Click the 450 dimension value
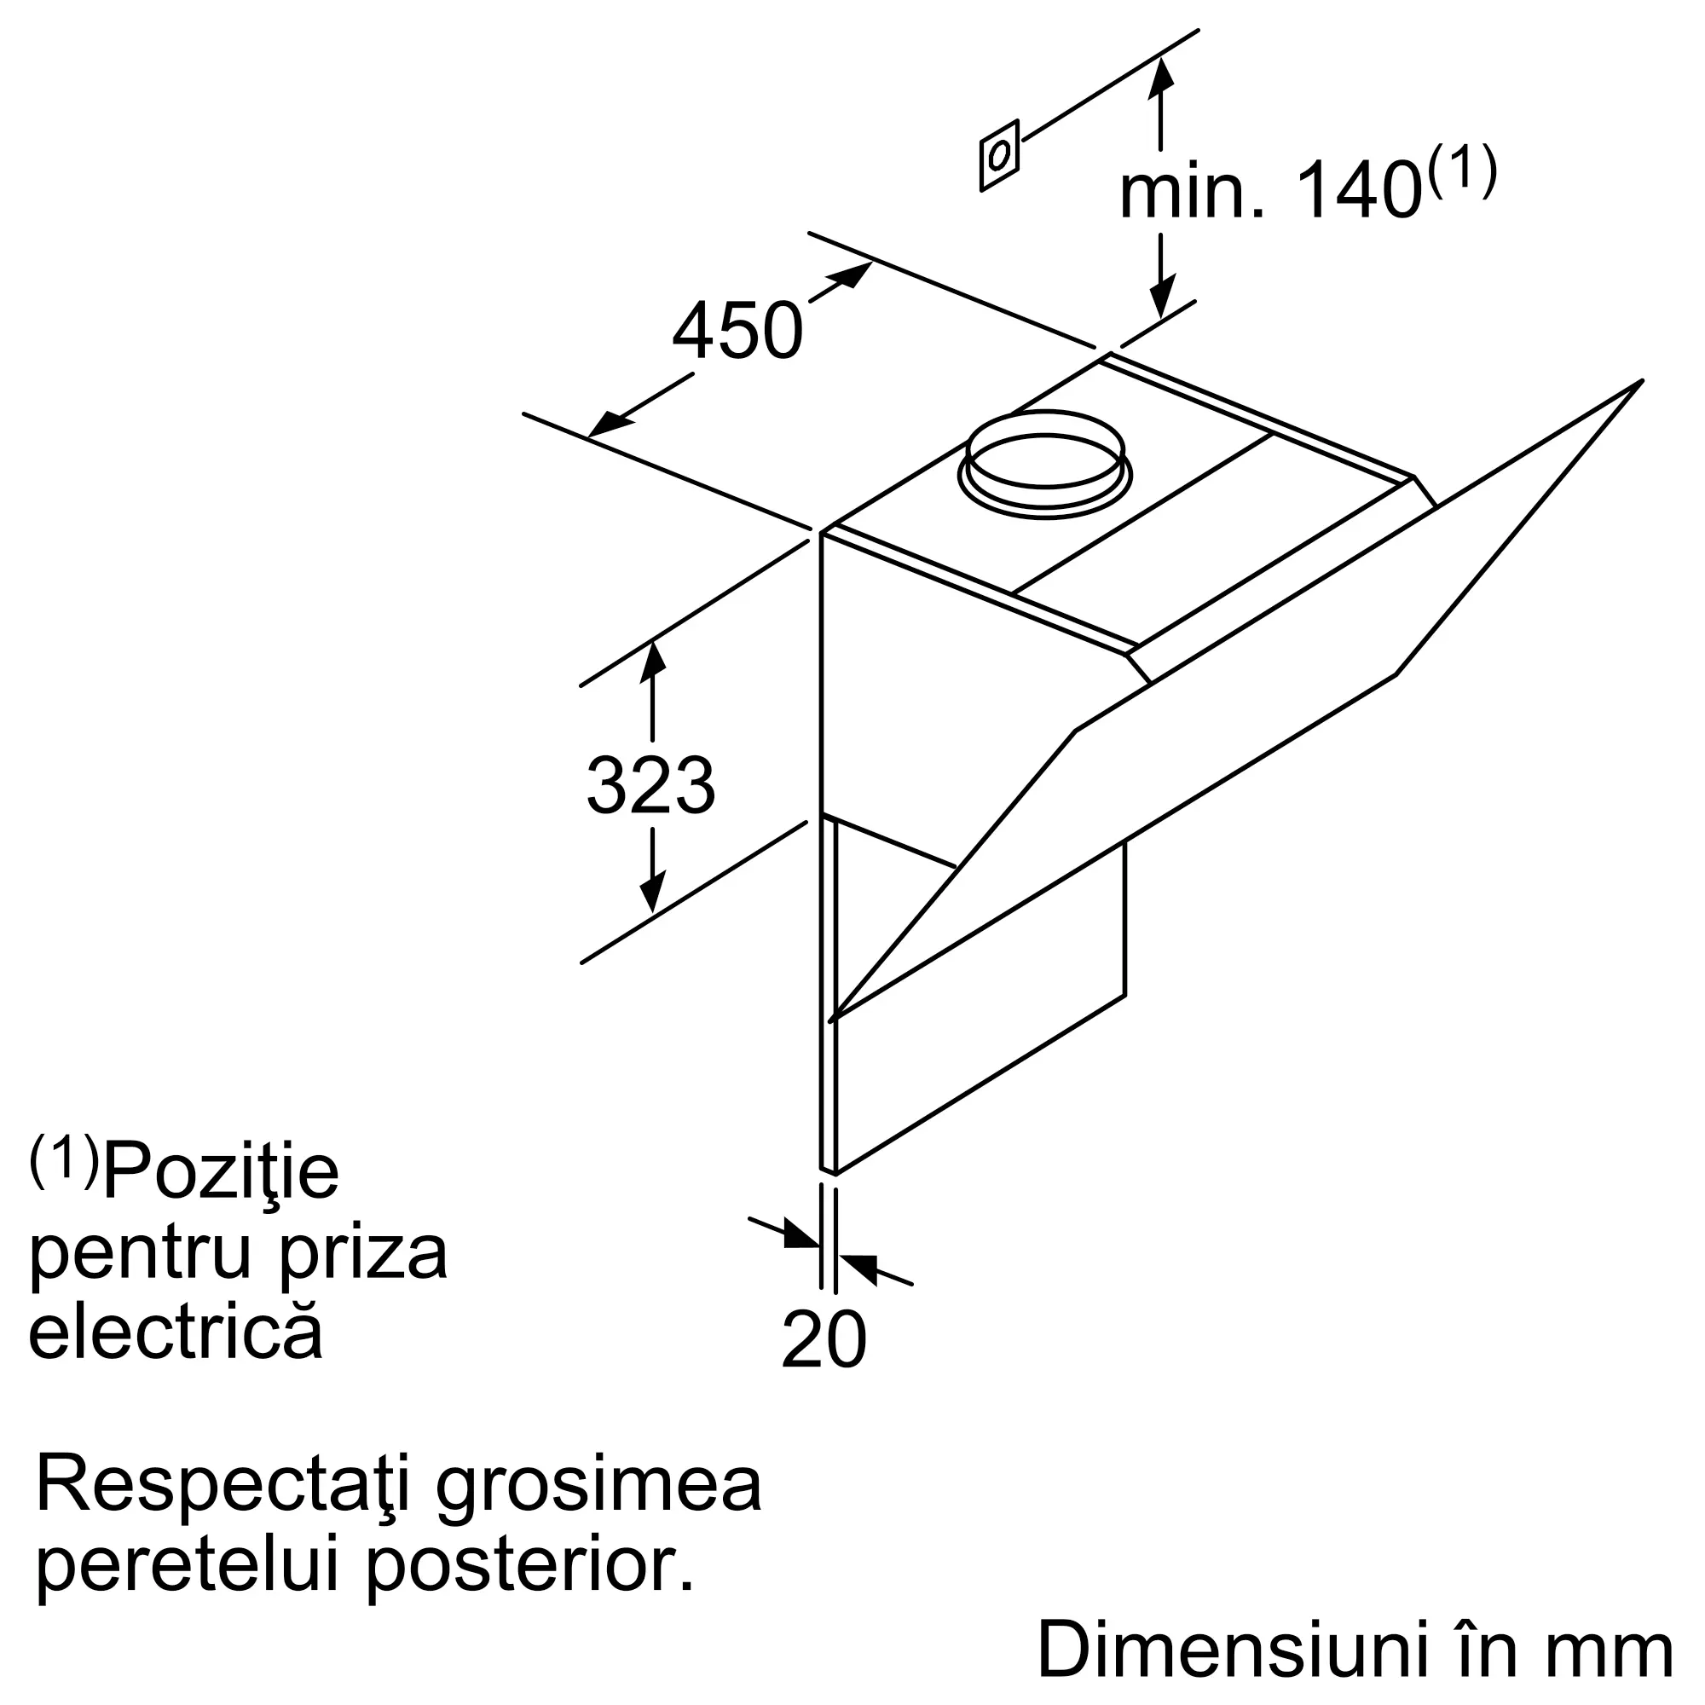pyautogui.click(x=737, y=331)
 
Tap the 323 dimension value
pyautogui.click(x=650, y=785)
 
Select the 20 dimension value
pyautogui.click(x=824, y=1339)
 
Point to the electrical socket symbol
pyautogui.click(x=999, y=155)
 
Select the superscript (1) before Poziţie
pyautogui.click(x=65, y=1160)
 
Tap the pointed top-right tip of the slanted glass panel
pyautogui.click(x=1639, y=381)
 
